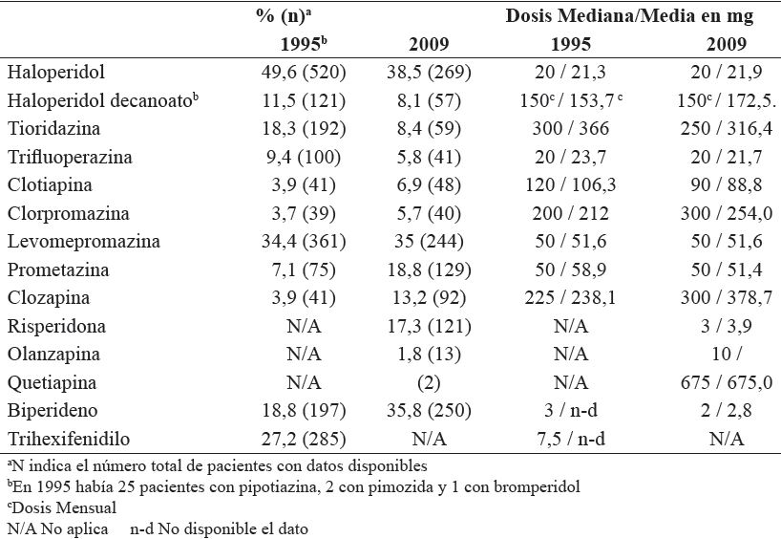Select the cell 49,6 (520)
304,72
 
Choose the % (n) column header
297,16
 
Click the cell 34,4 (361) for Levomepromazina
304,242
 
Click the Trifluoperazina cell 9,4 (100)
304,157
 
